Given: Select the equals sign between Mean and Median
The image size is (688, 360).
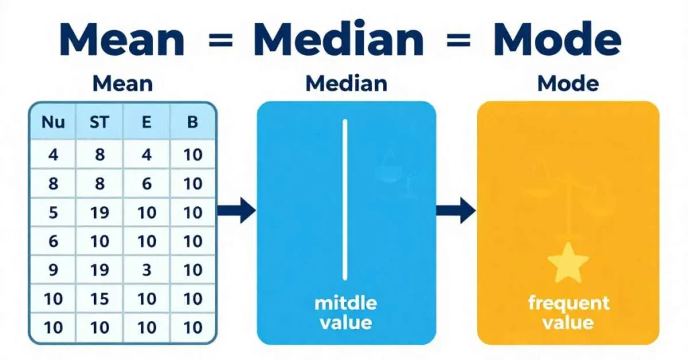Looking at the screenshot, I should click(219, 41).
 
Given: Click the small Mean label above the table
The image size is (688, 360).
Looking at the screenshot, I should click(122, 84).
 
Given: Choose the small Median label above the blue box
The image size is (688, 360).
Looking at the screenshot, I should click(346, 84).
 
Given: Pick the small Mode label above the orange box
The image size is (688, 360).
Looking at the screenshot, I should click(568, 84).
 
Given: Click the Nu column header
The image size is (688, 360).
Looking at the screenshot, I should click(53, 122).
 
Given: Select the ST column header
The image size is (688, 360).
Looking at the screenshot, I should click(99, 122).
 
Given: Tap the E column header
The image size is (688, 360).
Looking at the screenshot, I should click(146, 122).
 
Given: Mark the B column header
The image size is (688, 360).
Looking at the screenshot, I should click(193, 122).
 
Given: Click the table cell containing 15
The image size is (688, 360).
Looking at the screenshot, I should click(99, 299).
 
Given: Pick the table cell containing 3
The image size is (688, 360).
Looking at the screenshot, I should click(146, 270).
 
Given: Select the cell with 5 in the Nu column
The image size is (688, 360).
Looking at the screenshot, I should click(53, 213).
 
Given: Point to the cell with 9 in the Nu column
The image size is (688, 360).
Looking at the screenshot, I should click(53, 270).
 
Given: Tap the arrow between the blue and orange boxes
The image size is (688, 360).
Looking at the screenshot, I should click(456, 211).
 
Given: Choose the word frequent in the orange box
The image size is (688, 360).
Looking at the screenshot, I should click(568, 303).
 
